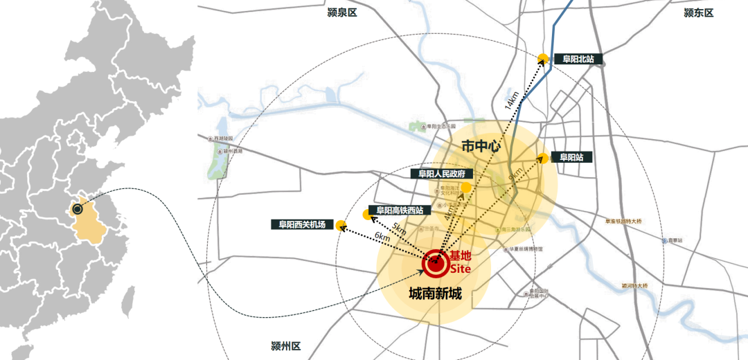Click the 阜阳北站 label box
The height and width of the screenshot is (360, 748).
[578, 60]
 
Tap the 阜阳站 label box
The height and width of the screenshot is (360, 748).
[572, 157]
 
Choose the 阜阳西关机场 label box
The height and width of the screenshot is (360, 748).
[302, 224]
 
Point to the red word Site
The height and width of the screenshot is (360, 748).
[461, 268]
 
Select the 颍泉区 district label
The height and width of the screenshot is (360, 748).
[341, 12]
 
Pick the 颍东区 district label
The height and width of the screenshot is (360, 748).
[698, 12]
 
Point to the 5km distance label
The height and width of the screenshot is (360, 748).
[399, 228]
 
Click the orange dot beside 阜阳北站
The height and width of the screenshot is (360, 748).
[543, 59]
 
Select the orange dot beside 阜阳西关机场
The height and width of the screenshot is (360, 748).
[341, 225]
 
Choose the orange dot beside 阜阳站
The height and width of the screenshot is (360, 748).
[544, 158]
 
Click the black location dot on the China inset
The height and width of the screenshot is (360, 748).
[78, 209]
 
